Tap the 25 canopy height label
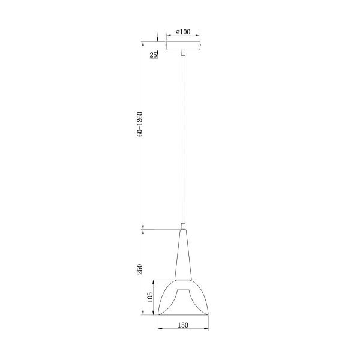154,55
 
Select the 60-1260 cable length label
139,124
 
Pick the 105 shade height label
150,297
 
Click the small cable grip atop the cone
182,227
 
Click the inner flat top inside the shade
183,290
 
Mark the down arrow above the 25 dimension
158,37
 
